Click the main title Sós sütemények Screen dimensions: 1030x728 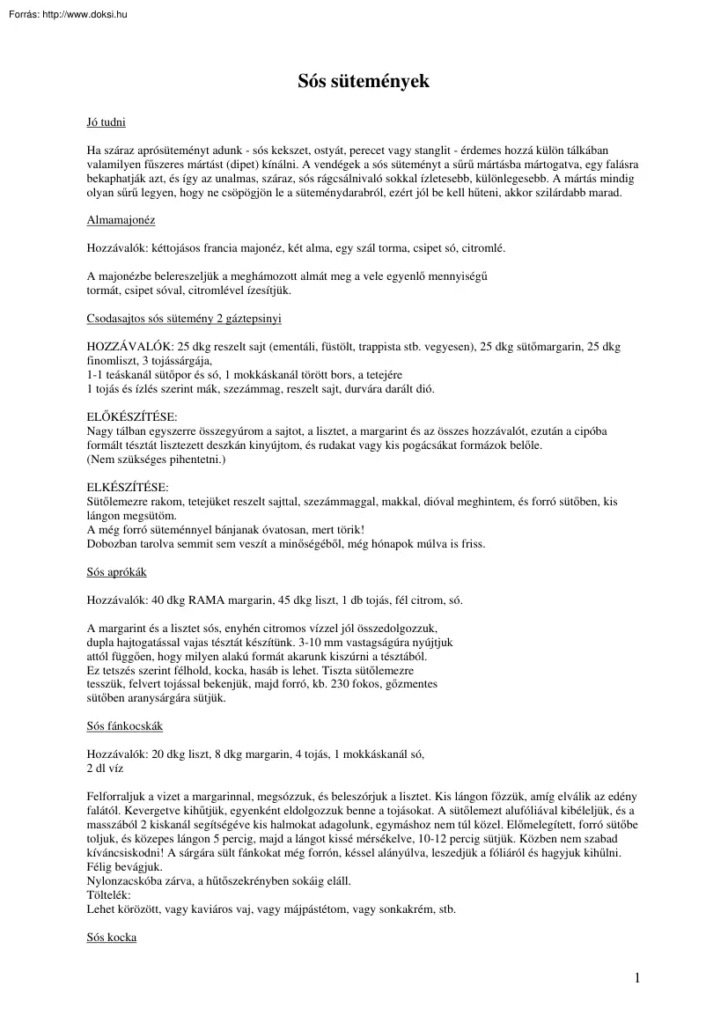tap(364, 82)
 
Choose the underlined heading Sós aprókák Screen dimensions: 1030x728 tap(116, 572)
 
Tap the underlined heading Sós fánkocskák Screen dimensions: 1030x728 tap(124, 726)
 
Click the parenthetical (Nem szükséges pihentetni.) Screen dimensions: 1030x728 tap(156, 460)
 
